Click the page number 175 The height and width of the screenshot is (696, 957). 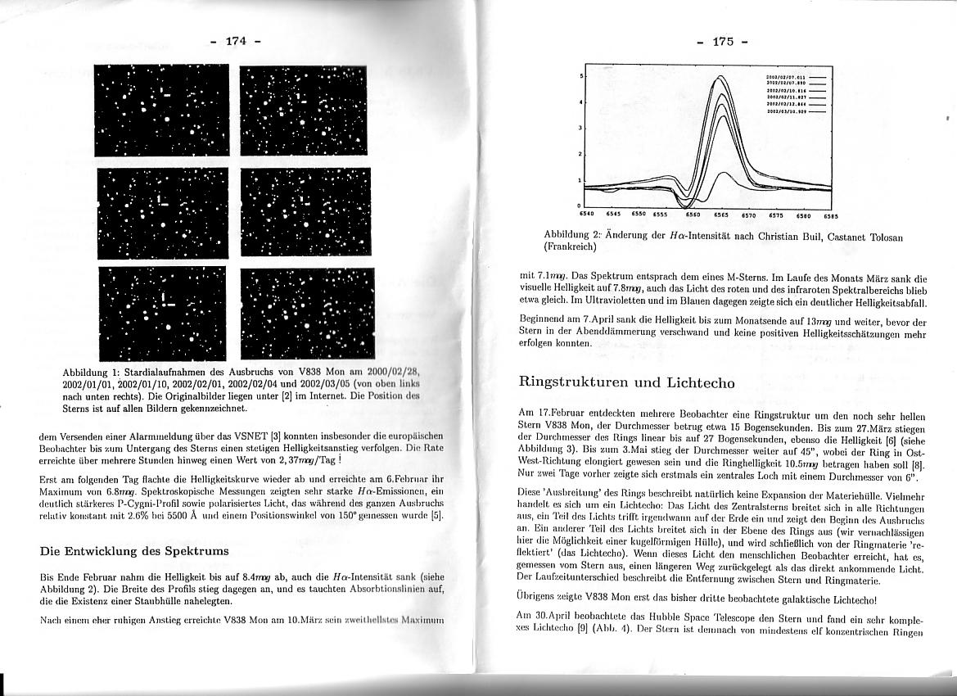pos(723,42)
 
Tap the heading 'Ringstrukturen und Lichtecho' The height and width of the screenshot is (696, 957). pos(627,382)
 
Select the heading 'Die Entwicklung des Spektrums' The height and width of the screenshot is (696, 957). pos(134,551)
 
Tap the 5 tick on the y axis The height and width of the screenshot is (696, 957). pos(580,76)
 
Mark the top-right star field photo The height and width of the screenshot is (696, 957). pos(305,111)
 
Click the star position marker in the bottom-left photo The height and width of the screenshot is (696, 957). pos(164,296)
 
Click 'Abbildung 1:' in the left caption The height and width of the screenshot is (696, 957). pos(91,373)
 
